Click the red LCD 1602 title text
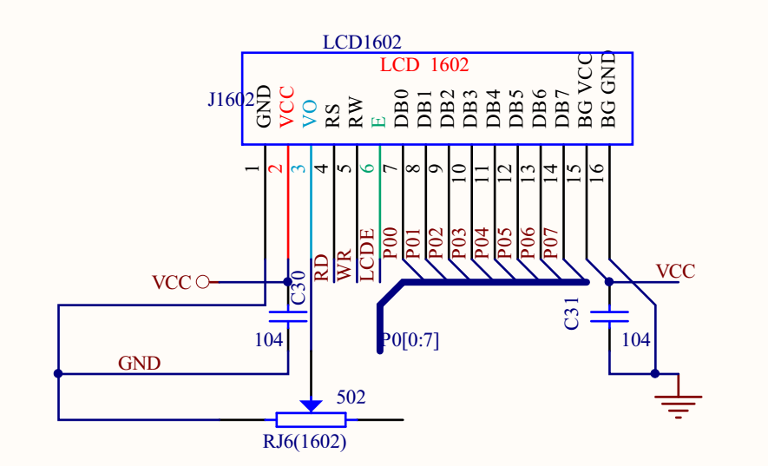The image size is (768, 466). coord(424,65)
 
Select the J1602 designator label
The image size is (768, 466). coord(230,100)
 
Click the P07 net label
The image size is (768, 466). coord(550,244)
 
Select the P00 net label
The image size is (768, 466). coord(391,244)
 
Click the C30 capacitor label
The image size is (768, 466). coord(298,287)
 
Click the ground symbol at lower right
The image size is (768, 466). coord(678,400)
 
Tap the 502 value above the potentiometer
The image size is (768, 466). coord(351,397)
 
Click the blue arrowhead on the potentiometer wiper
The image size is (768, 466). coord(311,405)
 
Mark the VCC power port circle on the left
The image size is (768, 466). coord(203,281)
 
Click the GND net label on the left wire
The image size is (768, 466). coord(140,363)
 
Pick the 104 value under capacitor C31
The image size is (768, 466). coord(635,340)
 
